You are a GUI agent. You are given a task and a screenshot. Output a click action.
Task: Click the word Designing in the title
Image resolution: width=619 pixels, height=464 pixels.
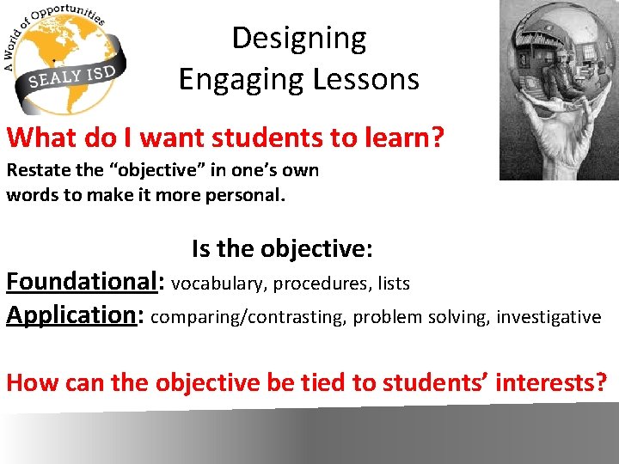pos(298,39)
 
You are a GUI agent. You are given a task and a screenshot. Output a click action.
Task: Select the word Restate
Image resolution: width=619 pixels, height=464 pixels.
pos(35,170)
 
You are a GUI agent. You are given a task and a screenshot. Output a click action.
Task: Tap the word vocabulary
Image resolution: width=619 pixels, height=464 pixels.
pos(218,283)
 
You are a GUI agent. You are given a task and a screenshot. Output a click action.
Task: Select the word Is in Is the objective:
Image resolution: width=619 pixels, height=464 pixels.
pos(201,249)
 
